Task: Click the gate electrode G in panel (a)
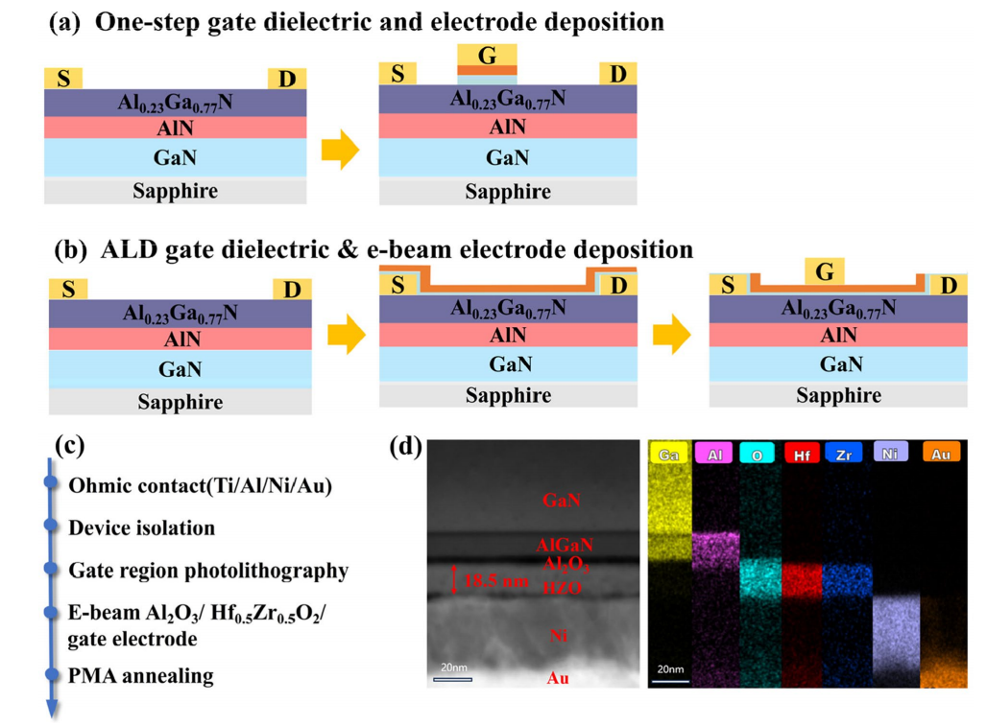487,56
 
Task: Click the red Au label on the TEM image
559,677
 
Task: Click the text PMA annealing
140,675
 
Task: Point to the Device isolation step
141,527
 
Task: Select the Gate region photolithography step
207,571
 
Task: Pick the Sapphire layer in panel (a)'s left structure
175,190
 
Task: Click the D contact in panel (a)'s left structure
286,79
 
